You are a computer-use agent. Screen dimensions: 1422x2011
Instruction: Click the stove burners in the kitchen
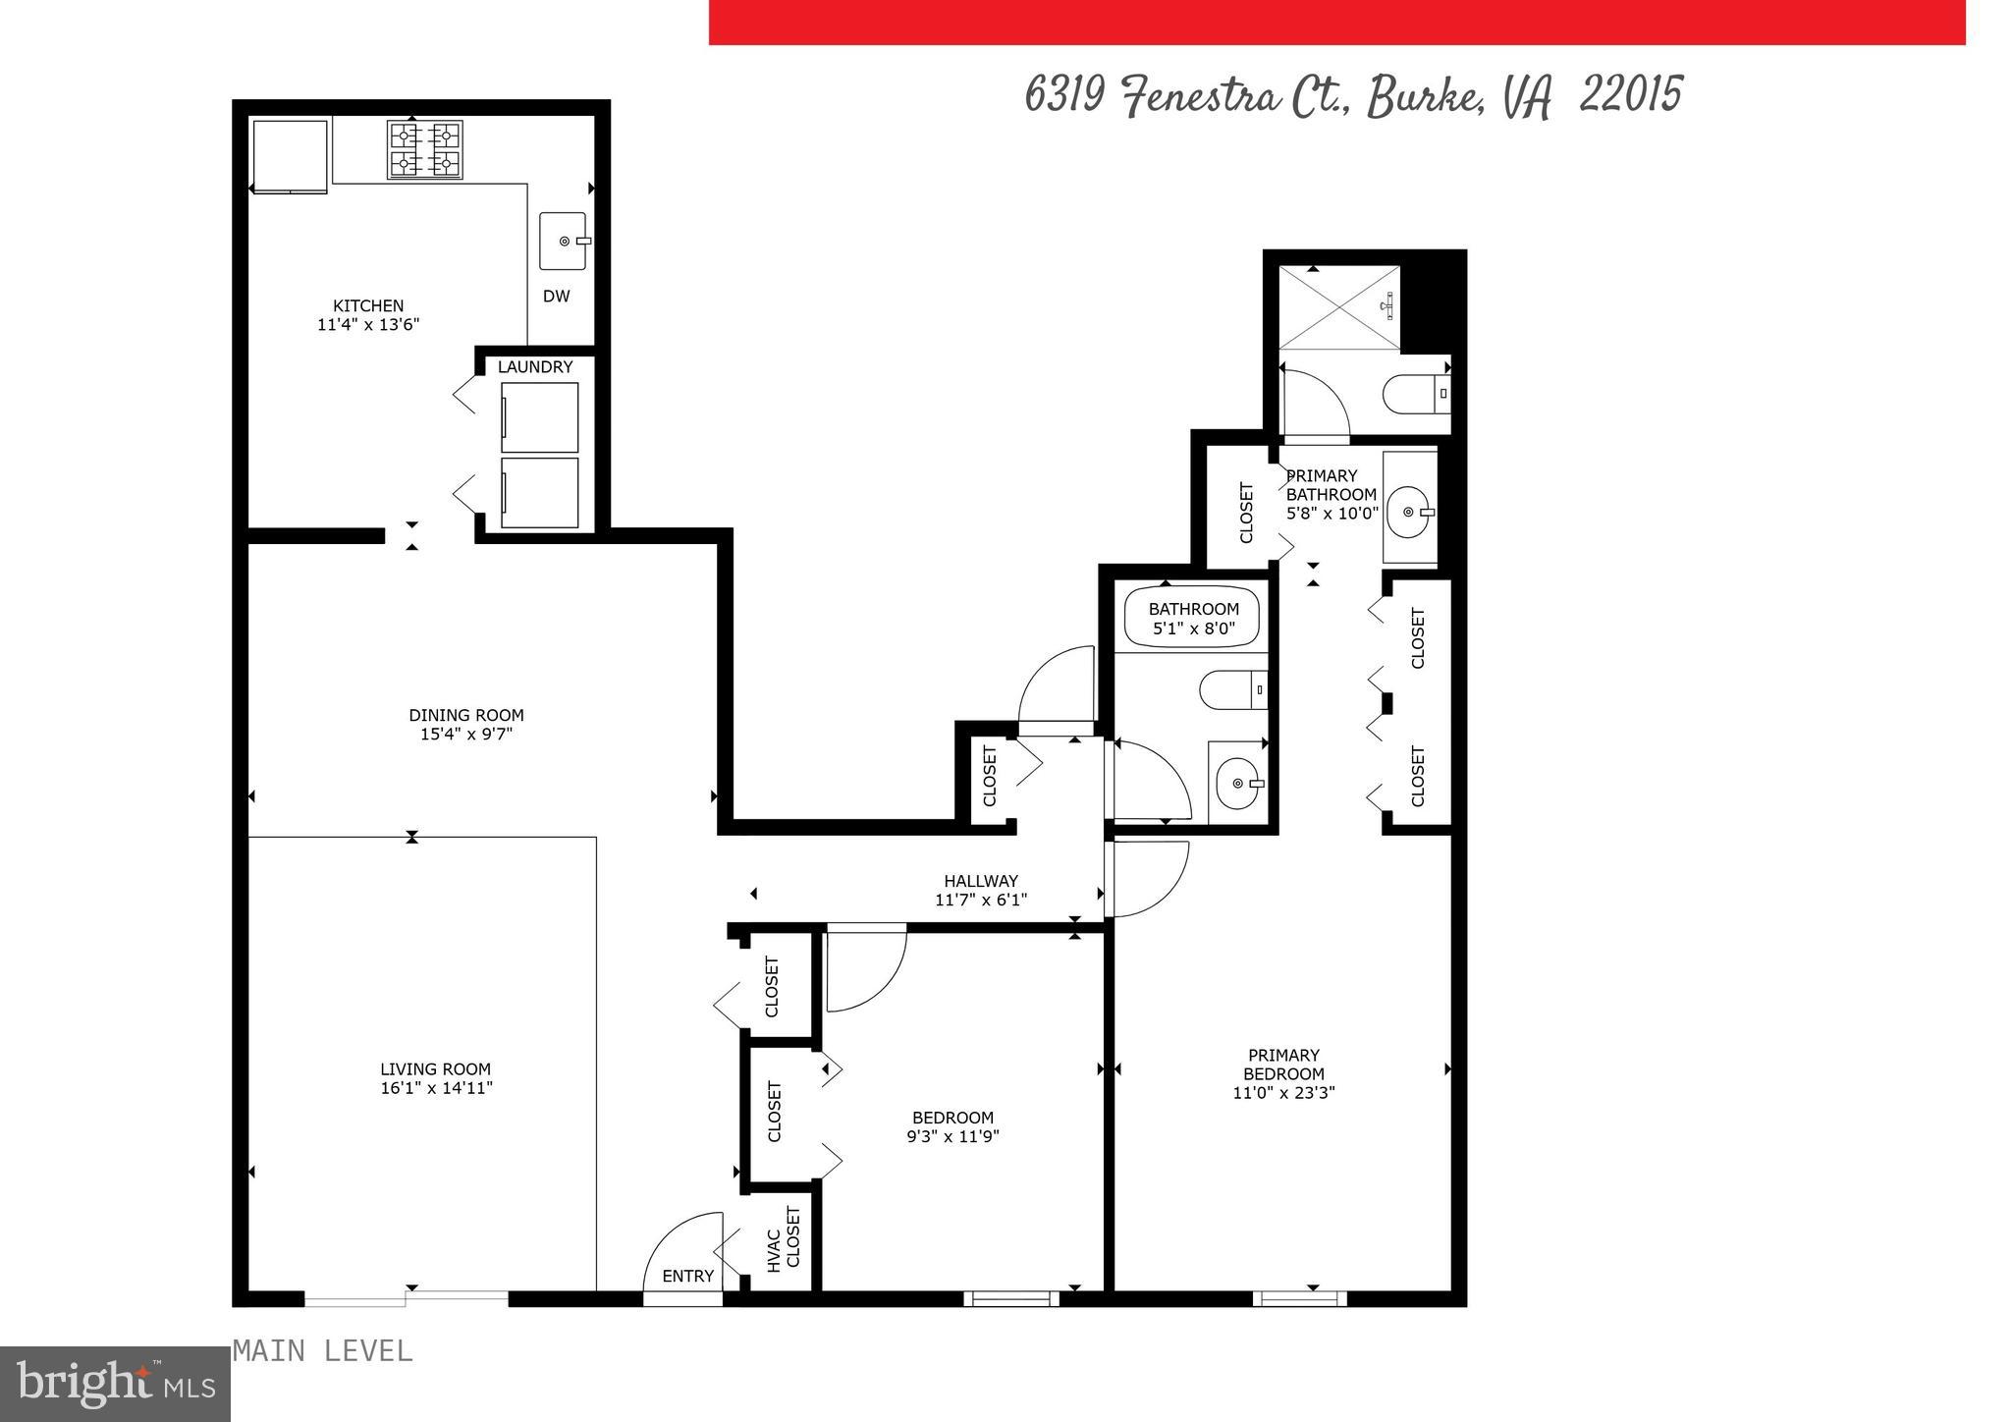pyautogui.click(x=425, y=149)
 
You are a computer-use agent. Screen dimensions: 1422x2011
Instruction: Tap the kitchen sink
pyautogui.click(x=564, y=242)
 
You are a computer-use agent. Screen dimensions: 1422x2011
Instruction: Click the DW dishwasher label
pyautogui.click(x=556, y=296)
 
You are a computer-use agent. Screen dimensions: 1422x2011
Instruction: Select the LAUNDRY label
pyautogui.click(x=534, y=367)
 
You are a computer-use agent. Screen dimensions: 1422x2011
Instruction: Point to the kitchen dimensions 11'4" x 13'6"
pyautogui.click(x=368, y=325)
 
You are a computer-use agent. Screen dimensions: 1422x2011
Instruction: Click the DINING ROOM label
pyautogui.click(x=466, y=715)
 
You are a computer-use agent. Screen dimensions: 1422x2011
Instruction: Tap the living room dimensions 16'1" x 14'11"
pyautogui.click(x=436, y=1088)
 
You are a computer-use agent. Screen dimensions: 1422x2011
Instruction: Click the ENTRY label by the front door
pyautogui.click(x=687, y=1276)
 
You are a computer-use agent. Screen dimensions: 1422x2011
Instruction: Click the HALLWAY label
pyautogui.click(x=980, y=881)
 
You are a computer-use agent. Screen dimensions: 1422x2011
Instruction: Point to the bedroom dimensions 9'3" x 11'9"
pyautogui.click(x=952, y=1136)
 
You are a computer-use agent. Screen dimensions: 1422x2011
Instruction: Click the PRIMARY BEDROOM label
pyautogui.click(x=1283, y=1065)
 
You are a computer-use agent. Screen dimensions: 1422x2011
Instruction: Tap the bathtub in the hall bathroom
pyautogui.click(x=1192, y=617)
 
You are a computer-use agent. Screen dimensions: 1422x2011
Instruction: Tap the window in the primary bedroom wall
pyautogui.click(x=1299, y=1298)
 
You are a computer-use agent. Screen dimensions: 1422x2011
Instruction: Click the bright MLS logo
pyautogui.click(x=115, y=1384)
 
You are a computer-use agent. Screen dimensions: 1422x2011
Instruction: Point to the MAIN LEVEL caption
pyautogui.click(x=323, y=1351)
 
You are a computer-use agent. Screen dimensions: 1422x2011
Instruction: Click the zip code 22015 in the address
pyautogui.click(x=1631, y=95)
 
